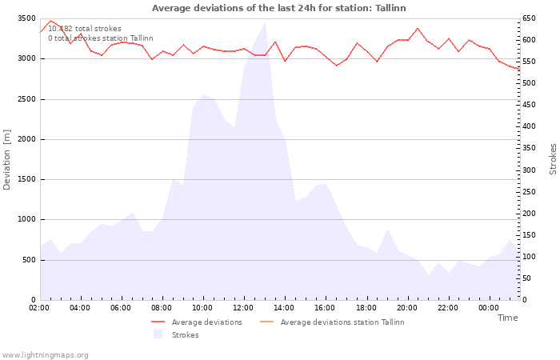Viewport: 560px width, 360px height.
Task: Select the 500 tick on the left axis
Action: pyautogui.click(x=29, y=260)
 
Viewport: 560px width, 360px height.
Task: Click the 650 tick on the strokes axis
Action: pyautogui.click(x=530, y=18)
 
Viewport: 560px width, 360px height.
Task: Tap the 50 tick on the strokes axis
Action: pyautogui.click(x=528, y=278)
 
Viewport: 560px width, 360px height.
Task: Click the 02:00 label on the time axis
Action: pyautogui.click(x=40, y=308)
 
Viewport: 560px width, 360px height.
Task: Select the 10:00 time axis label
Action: pyautogui.click(x=203, y=308)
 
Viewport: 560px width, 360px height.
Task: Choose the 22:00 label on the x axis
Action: pyautogui.click(x=448, y=308)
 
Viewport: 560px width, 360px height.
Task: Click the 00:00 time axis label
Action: pyautogui.click(x=489, y=308)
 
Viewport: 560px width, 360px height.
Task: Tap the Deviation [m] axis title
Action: pyautogui.click(x=8, y=159)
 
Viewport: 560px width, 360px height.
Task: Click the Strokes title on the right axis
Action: pyautogui.click(x=553, y=159)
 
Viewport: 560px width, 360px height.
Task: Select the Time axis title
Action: pyautogui.click(x=507, y=318)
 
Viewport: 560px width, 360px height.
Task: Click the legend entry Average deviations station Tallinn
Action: pyautogui.click(x=342, y=322)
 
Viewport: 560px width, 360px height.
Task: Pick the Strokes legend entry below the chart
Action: pyautogui.click(x=185, y=335)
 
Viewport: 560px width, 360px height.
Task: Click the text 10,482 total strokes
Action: pyautogui.click(x=85, y=29)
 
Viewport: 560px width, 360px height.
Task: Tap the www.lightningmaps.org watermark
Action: pyautogui.click(x=45, y=355)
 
